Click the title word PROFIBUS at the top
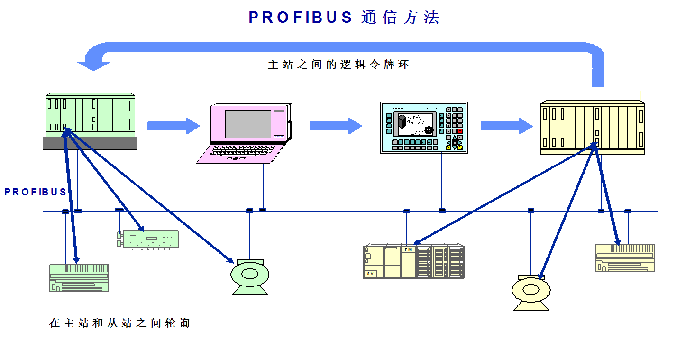pyautogui.click(x=301, y=18)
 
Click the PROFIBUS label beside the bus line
pyautogui.click(x=36, y=192)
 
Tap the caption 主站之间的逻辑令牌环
pyautogui.click(x=338, y=65)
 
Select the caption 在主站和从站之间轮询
pyautogui.click(x=119, y=323)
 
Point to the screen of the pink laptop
pyautogui.click(x=247, y=124)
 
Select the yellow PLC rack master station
pyautogui.click(x=593, y=127)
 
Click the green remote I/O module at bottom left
pyautogui.click(x=79, y=278)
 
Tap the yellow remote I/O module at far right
pyautogui.click(x=625, y=258)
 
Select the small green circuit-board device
pyautogui.click(x=150, y=239)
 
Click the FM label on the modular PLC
pyautogui.click(x=407, y=249)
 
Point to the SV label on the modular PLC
pyautogui.click(x=370, y=274)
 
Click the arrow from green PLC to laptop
pyautogui.click(x=174, y=126)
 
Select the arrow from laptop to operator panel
pyautogui.click(x=336, y=126)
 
